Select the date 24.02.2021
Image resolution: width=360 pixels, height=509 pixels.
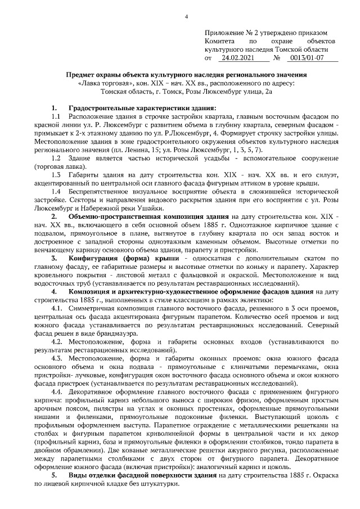(x=238, y=57)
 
